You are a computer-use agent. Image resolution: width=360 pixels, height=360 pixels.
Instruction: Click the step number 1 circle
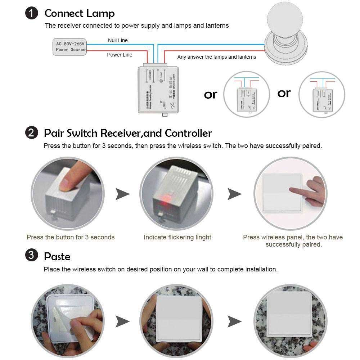(32, 14)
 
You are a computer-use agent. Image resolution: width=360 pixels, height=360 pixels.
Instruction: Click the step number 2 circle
(32, 133)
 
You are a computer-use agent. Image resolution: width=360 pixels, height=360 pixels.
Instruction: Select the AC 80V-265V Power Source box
(70, 46)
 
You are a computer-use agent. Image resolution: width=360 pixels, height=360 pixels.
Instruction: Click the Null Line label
(118, 40)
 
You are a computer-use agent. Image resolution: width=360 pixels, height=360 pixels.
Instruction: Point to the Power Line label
(120, 55)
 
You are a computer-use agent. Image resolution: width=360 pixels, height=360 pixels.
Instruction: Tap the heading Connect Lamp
(79, 14)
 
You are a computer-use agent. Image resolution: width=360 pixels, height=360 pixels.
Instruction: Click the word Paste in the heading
(57, 257)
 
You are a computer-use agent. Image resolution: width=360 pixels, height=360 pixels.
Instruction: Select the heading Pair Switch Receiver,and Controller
(128, 133)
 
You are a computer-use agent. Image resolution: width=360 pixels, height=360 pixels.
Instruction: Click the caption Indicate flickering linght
(177, 237)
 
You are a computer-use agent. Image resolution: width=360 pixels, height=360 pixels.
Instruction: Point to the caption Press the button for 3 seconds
(71, 237)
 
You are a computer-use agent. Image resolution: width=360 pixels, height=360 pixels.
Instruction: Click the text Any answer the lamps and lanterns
(216, 57)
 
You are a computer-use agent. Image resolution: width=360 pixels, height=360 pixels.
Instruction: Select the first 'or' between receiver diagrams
(211, 94)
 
